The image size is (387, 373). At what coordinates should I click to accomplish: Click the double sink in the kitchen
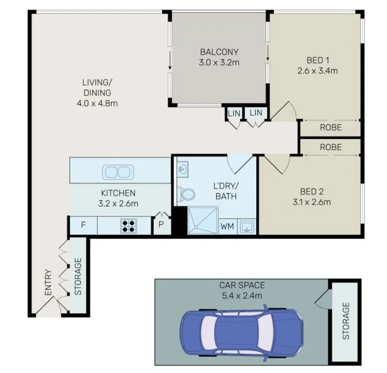tap(118, 172)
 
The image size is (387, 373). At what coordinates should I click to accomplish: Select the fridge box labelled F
tap(83, 226)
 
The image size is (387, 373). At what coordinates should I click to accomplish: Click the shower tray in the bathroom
tap(202, 221)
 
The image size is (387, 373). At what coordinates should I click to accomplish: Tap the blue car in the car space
tap(242, 332)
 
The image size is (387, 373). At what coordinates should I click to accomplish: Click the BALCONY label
tap(219, 52)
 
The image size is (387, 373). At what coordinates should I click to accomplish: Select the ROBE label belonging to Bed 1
tap(331, 127)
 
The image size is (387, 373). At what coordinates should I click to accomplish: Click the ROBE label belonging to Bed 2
tap(331, 147)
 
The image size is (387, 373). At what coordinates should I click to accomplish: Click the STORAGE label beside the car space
tap(346, 321)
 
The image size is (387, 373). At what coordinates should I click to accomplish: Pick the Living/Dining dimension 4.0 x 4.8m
tap(97, 103)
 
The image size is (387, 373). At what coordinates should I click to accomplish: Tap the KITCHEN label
tap(118, 193)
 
